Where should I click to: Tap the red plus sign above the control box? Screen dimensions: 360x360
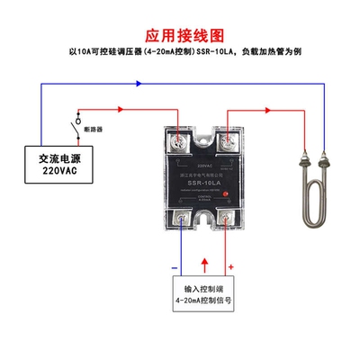(231, 266)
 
